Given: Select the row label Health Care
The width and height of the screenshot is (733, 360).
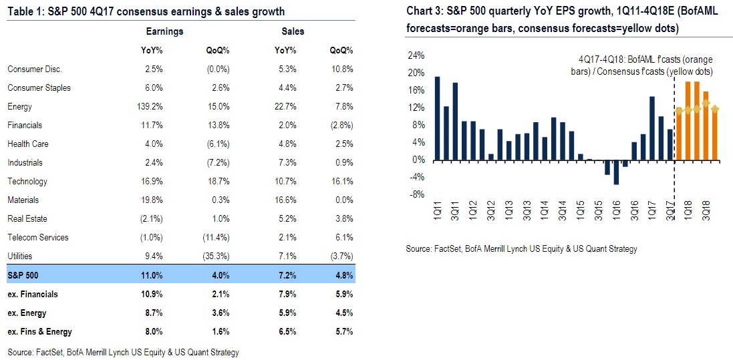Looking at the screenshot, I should (28, 144).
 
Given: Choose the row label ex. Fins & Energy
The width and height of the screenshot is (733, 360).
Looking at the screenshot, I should (39, 332).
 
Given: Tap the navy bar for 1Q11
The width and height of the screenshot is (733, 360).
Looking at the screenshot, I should (438, 118).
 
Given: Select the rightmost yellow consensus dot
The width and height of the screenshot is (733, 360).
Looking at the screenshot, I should (716, 109).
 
